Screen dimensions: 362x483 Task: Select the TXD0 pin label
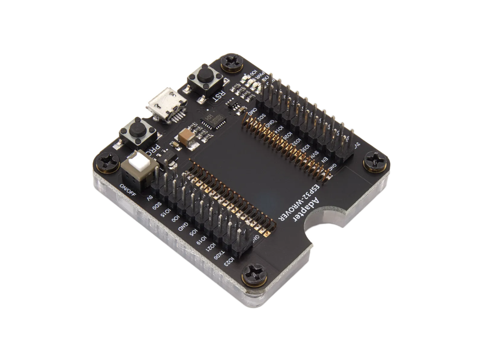click(218, 253)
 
